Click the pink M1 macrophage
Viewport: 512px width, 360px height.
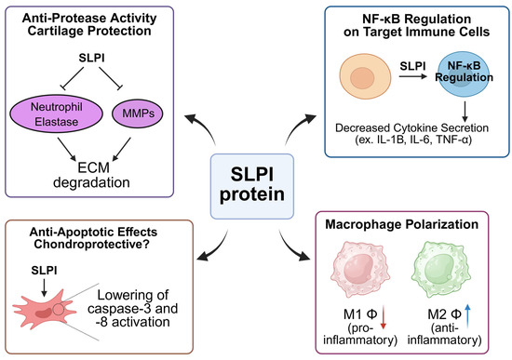pyautogui.click(x=349, y=279)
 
